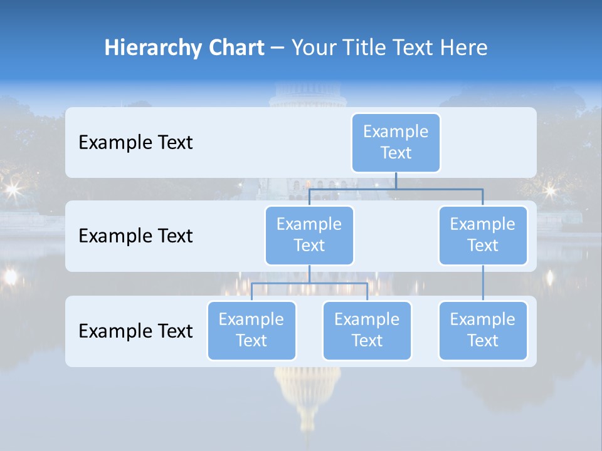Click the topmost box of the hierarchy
tap(396, 142)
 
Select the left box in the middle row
tap(309, 235)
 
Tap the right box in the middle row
tap(483, 235)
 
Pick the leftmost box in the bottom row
tap(251, 330)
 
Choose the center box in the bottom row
tap(367, 330)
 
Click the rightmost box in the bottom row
tap(483, 330)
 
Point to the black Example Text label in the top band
tap(135, 143)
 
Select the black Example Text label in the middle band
tap(135, 236)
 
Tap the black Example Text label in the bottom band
tap(135, 331)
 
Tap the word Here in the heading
tap(464, 48)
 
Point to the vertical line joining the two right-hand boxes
tap(483, 283)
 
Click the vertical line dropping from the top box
tap(396, 180)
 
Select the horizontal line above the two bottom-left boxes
tap(309, 283)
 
